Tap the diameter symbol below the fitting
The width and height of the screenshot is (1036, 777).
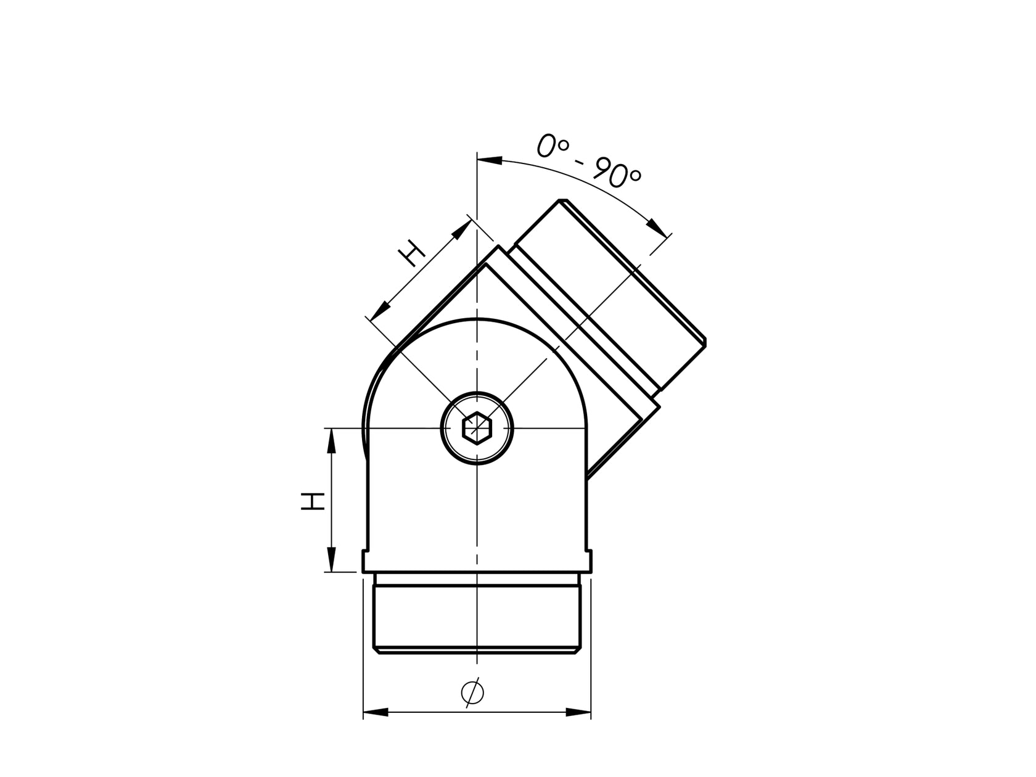coord(472,693)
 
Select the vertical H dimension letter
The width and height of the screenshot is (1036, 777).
coord(313,501)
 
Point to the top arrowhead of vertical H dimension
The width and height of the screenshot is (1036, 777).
coord(331,441)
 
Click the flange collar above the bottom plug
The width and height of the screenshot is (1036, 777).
coord(477,561)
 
